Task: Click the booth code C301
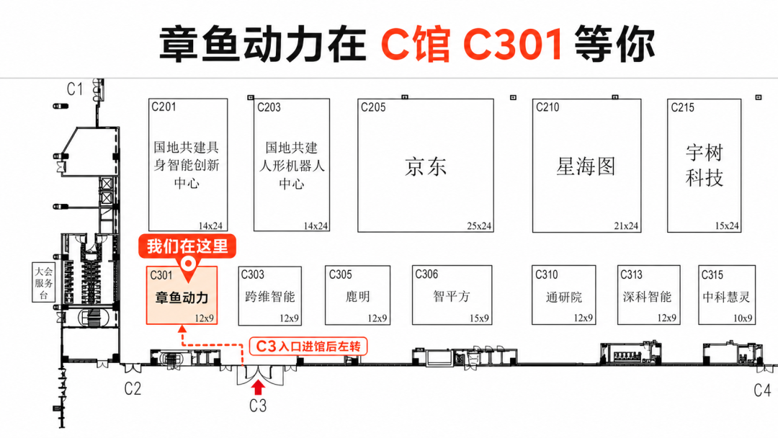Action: coord(161,275)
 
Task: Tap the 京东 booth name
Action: coord(426,166)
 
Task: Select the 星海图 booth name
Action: coord(586,166)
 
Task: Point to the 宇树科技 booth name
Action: coord(704,165)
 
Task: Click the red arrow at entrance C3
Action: coord(258,387)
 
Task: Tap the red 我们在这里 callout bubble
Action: coord(187,246)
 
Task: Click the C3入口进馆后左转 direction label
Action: coord(308,347)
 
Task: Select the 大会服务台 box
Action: coord(44,282)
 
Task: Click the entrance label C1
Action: coord(75,89)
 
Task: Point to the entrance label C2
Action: coord(133,388)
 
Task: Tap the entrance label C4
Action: coord(762,391)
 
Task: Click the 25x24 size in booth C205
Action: coord(479,226)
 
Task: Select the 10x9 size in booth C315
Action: coord(742,318)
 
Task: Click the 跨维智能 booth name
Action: coord(270,297)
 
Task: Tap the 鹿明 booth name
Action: coord(357,297)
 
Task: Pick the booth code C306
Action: coord(426,274)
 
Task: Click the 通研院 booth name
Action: coord(563,297)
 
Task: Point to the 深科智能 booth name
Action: coord(647,297)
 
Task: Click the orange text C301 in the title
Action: coord(513,44)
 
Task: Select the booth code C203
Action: coord(269,107)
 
